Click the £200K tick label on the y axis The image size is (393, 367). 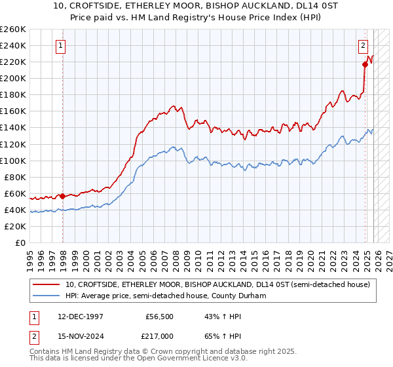pyautogui.click(x=13, y=78)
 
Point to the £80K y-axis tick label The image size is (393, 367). pyautogui.click(x=15, y=177)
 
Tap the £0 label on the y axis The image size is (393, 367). pyautogui.click(x=21, y=242)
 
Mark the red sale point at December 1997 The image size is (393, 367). pyautogui.click(x=62, y=196)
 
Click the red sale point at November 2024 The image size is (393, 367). pyautogui.click(x=365, y=64)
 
